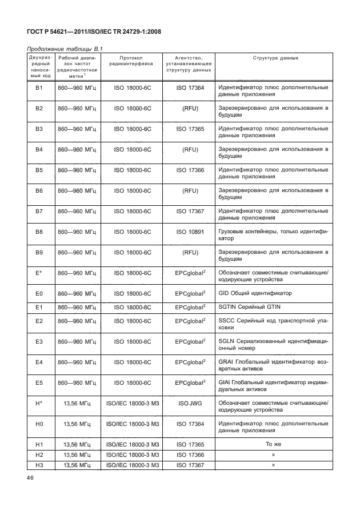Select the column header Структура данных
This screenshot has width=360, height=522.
tap(273, 59)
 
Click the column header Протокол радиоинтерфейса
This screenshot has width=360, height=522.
tap(133, 62)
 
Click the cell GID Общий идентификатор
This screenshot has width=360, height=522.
tap(255, 293)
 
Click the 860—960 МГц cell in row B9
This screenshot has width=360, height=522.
tap(77, 252)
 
